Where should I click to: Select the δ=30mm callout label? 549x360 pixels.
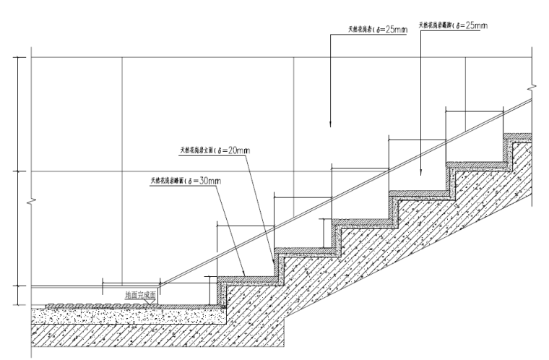coord(184,180)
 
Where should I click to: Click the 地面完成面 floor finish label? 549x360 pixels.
coord(139,295)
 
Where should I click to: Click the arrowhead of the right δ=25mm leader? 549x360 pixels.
coord(420,174)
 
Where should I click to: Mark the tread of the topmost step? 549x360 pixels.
coord(517,135)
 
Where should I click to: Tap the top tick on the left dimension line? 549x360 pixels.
coord(18,56)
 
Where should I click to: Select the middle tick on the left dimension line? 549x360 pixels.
coord(18,171)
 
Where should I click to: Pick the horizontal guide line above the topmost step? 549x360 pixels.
coord(473,110)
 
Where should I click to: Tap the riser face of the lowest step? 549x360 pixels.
coord(220,292)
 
